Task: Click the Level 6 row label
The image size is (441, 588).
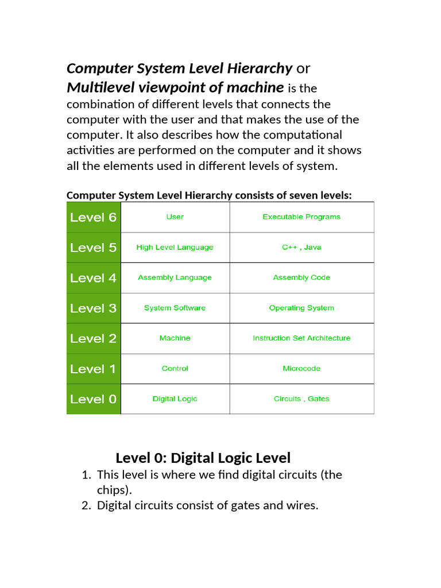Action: pyautogui.click(x=93, y=217)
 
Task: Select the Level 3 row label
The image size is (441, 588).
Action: pyautogui.click(x=93, y=308)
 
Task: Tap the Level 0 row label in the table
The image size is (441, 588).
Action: pyautogui.click(x=93, y=399)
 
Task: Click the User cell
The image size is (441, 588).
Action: pyautogui.click(x=175, y=217)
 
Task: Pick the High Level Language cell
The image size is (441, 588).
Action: pyautogui.click(x=175, y=247)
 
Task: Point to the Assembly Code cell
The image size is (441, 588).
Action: pyautogui.click(x=301, y=277)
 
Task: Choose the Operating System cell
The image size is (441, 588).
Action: pyautogui.click(x=301, y=308)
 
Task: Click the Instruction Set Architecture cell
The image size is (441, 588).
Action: pyautogui.click(x=301, y=338)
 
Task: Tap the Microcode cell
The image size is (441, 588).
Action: pyautogui.click(x=301, y=369)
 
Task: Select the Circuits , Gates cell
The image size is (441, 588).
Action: pyautogui.click(x=301, y=399)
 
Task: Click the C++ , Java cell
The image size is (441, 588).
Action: pyautogui.click(x=301, y=247)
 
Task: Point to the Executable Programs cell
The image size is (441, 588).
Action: pyautogui.click(x=301, y=217)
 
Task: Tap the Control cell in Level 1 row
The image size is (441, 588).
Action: pyautogui.click(x=175, y=369)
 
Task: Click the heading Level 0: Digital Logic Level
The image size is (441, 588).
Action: pyautogui.click(x=203, y=458)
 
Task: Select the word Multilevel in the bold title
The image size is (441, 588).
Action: pyautogui.click(x=94, y=87)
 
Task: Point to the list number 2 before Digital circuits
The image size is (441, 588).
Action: pyautogui.click(x=86, y=506)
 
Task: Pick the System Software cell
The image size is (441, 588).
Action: pyautogui.click(x=175, y=308)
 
